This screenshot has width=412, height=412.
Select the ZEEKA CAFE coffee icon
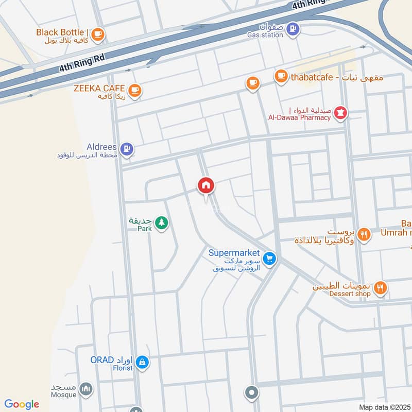[x=135, y=91]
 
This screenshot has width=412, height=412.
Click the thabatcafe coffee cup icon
[x=281, y=77]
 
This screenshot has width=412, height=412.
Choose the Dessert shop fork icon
[x=380, y=288]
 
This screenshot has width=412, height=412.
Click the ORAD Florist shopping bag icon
[x=143, y=363]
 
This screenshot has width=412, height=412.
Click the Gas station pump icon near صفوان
[x=292, y=29]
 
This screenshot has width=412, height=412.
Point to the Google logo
[x=22, y=404]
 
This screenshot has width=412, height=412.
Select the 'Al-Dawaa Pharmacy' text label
[x=299, y=117]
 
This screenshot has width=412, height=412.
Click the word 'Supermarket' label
[x=232, y=253]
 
